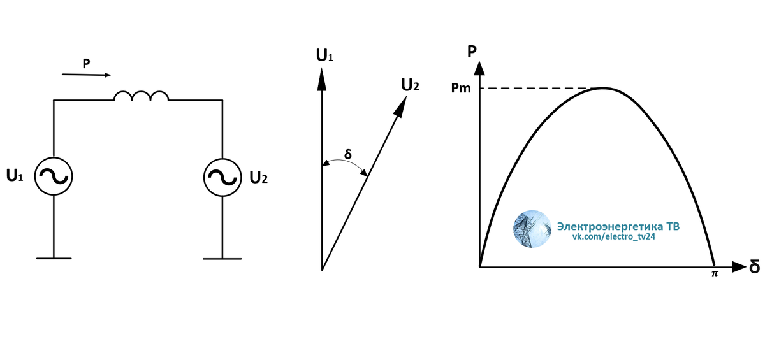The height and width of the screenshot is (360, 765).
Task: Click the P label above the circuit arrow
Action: coord(87,64)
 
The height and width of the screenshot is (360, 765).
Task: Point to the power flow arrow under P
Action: coord(87,75)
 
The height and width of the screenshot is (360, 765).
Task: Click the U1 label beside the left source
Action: coord(15,175)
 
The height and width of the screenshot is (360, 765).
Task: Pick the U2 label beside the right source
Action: coord(259,177)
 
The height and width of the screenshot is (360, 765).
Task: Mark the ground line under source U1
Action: coord(54,258)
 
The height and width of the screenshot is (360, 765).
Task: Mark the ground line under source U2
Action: coord(222,259)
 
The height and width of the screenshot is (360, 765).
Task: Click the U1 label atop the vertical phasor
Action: coord(324,55)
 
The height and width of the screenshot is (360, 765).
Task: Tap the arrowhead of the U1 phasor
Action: coord(322,79)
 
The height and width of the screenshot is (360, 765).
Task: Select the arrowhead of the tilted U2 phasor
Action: coord(400,106)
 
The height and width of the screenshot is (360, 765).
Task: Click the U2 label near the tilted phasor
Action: coord(410,85)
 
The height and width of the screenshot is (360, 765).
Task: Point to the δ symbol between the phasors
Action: coord(347,154)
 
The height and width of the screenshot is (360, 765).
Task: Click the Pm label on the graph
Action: coord(461,88)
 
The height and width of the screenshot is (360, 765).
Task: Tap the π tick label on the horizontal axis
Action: coord(715,274)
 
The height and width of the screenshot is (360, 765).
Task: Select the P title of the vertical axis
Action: coord(472,52)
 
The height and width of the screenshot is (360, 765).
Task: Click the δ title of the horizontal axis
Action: coord(754,266)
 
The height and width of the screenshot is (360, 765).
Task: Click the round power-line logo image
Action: coord(532,229)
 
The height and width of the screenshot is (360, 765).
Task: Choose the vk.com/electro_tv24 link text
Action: coord(614,236)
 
